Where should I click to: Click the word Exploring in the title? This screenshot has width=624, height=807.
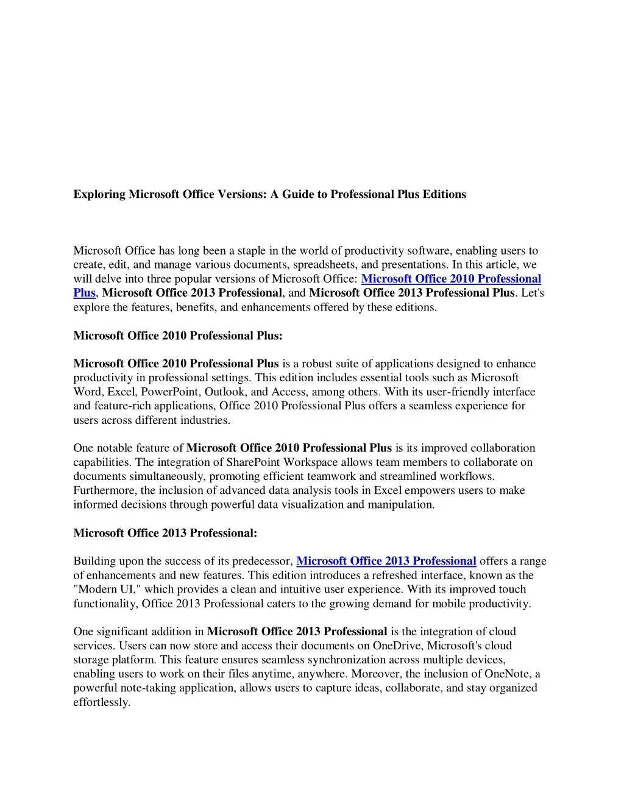[99, 194]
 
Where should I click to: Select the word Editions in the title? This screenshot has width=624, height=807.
[445, 194]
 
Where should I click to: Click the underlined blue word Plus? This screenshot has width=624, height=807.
[84, 293]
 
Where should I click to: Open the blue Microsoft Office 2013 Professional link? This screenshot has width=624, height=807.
[386, 561]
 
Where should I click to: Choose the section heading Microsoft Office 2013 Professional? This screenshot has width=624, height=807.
[165, 533]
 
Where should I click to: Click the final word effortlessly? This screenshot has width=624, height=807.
[102, 702]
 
